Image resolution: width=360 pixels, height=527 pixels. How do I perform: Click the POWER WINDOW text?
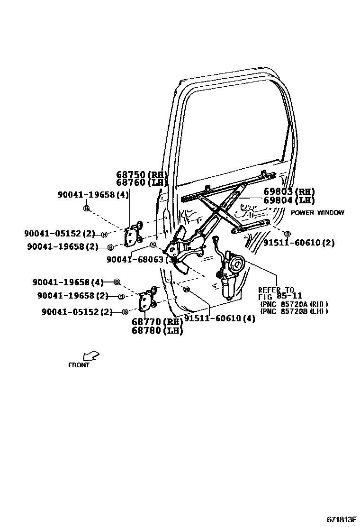click(317, 213)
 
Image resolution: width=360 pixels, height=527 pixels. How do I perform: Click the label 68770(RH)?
click(157, 322)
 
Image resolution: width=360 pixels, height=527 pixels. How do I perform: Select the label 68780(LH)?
click(157, 331)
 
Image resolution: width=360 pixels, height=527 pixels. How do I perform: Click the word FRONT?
click(79, 365)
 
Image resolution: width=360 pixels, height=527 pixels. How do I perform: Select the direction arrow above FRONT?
click(90, 356)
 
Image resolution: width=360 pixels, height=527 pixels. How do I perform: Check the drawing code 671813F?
click(341, 518)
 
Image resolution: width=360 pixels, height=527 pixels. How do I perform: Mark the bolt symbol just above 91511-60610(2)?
click(287, 234)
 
